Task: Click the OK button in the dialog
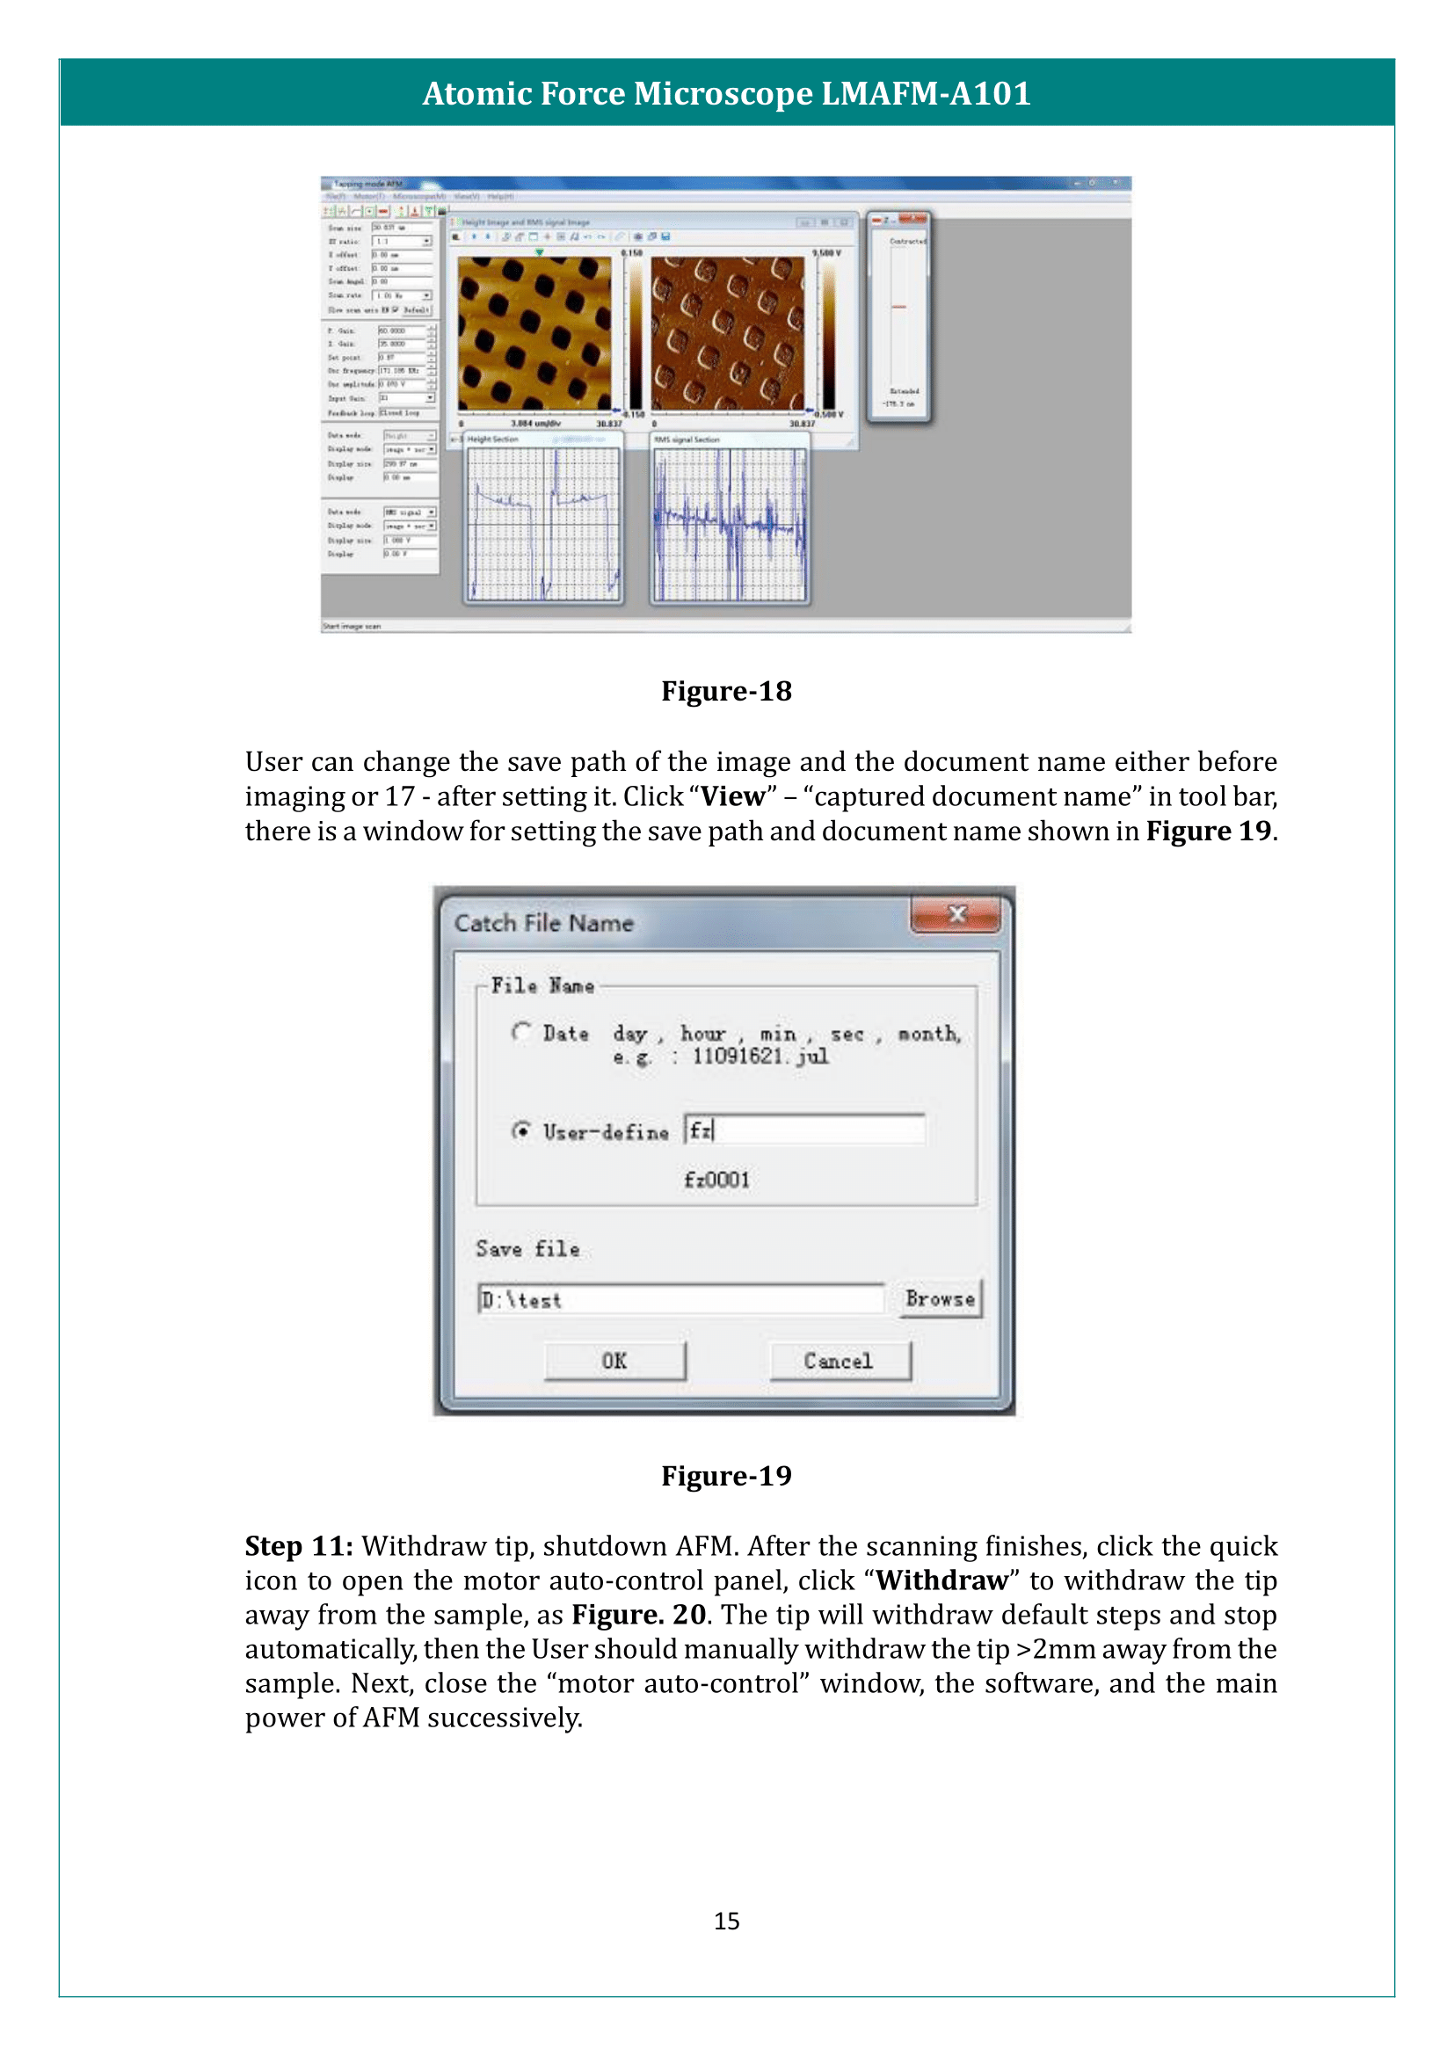point(614,1361)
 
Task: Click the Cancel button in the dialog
point(839,1361)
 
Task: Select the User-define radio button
point(521,1131)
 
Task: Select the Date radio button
point(521,1033)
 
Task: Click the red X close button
point(956,914)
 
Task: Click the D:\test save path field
point(680,1299)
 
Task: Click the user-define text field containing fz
point(803,1130)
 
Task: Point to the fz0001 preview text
point(716,1181)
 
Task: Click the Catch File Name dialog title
point(543,923)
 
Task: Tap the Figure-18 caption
point(726,691)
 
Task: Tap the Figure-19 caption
point(726,1476)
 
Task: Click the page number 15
point(726,1922)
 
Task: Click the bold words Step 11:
point(299,1546)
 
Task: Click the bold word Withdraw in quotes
point(941,1580)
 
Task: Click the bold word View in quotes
point(732,796)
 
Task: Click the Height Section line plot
point(543,524)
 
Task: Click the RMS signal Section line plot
point(730,524)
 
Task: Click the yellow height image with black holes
point(534,333)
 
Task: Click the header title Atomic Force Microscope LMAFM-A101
point(726,93)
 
